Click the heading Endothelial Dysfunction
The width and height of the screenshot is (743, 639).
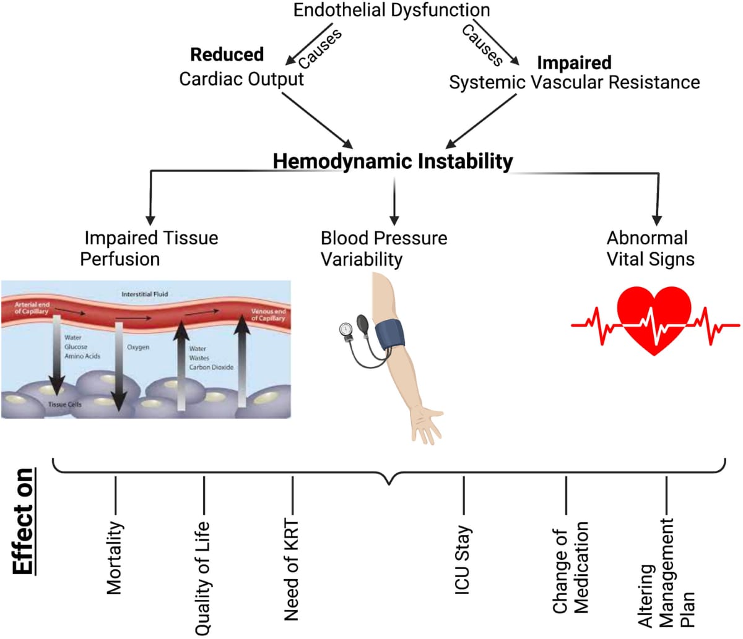tap(391, 10)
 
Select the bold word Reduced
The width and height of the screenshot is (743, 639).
tap(227, 54)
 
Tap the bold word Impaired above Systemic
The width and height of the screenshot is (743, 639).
tap(574, 63)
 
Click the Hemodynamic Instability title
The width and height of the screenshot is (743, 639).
tap(393, 161)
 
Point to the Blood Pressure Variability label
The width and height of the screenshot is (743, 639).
tap(383, 248)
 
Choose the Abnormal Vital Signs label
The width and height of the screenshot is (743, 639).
tap(650, 248)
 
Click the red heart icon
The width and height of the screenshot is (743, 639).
tap(654, 319)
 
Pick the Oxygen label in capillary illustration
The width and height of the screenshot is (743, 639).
tap(138, 348)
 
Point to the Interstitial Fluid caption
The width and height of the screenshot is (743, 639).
tap(144, 294)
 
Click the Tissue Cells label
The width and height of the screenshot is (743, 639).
tap(64, 405)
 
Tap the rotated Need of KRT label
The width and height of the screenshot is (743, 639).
tap(291, 570)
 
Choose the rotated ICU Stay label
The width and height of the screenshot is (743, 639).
tap(463, 560)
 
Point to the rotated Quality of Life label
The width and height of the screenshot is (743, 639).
tap(203, 578)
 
